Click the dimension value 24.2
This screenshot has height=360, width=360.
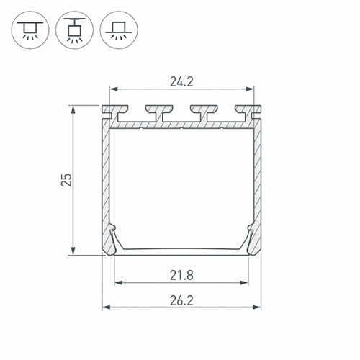181,82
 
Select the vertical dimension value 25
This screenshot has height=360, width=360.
66,180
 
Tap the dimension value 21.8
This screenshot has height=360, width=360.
181,275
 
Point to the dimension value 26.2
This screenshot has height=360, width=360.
181,300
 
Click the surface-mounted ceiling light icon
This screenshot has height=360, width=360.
30,30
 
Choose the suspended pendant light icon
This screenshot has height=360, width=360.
74,30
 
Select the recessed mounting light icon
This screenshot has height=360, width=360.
119,30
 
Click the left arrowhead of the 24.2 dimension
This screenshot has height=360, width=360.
113,89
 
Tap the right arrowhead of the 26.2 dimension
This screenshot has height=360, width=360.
257,307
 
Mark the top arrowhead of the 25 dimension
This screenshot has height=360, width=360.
73,109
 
